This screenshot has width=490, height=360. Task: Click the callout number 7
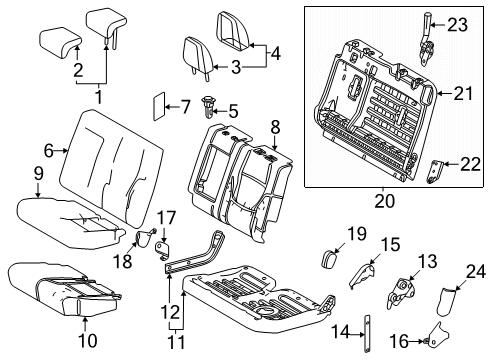(185, 105)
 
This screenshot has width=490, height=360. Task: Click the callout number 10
(84, 322)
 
